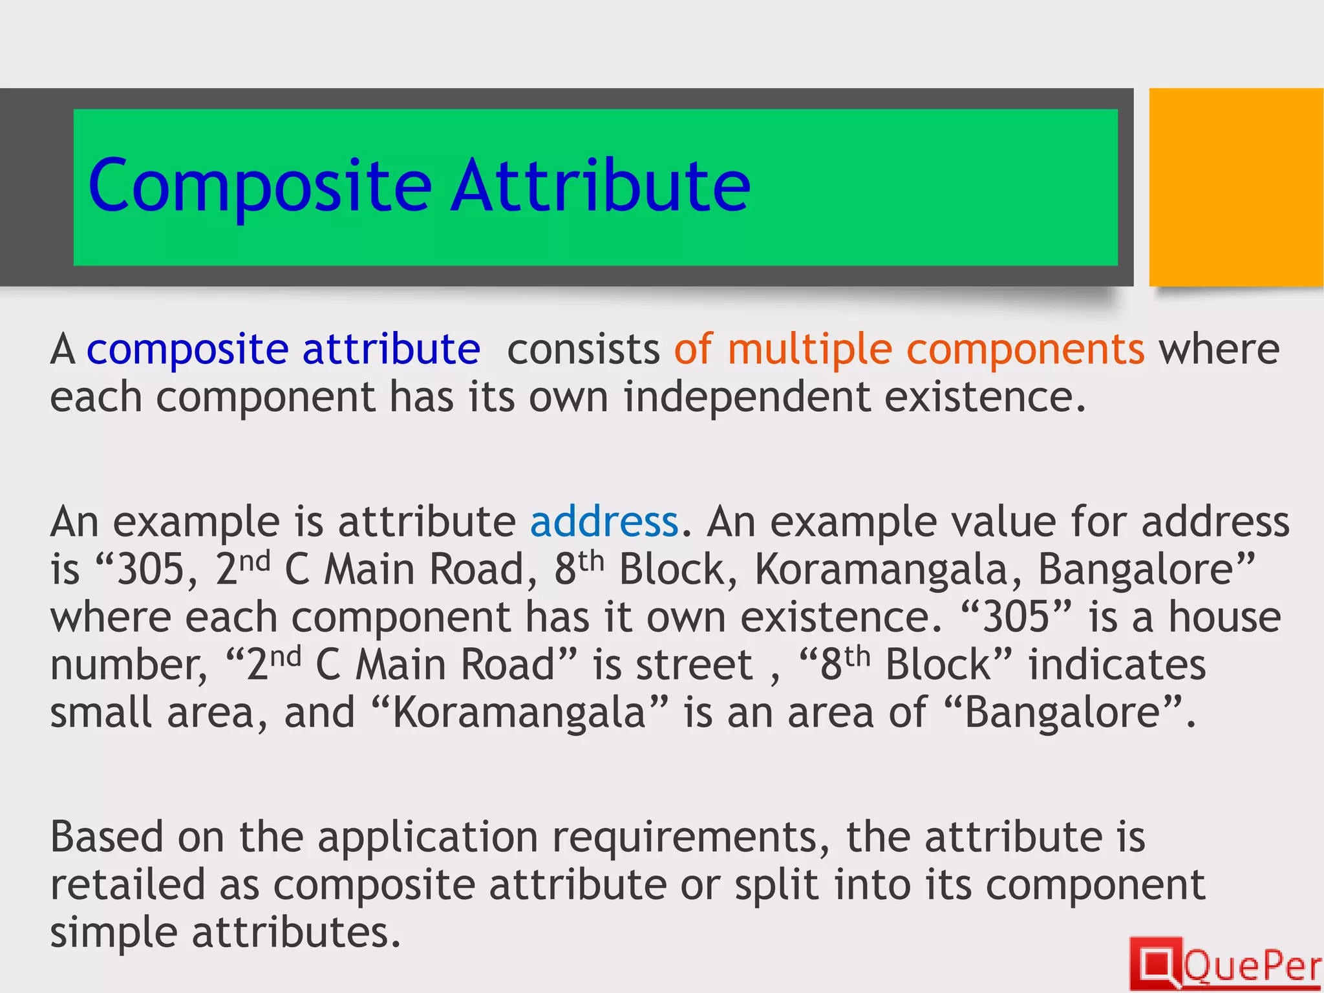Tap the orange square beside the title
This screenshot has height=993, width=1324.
[1235, 187]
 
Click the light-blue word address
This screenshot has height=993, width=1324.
[604, 522]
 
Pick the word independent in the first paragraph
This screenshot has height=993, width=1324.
[747, 397]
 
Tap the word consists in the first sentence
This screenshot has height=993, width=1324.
[583, 350]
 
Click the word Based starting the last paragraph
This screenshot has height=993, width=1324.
[107, 837]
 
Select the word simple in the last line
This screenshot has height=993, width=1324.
[114, 933]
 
